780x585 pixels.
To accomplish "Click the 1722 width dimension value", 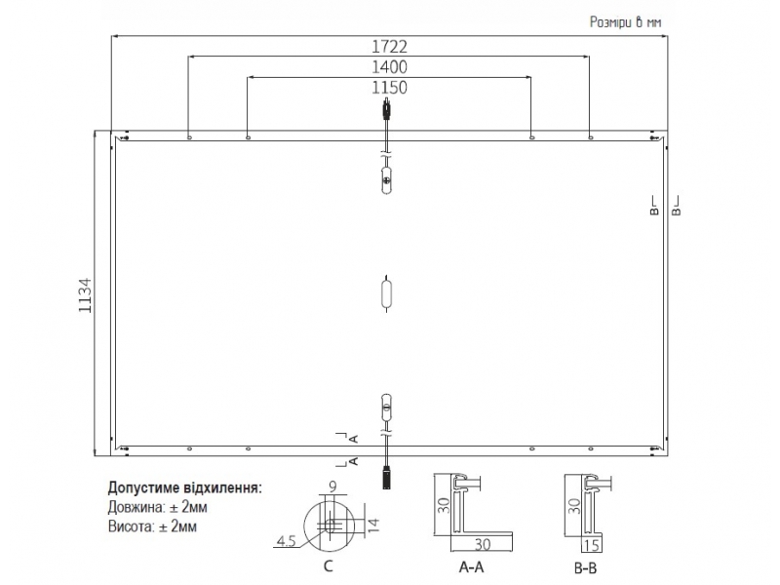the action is coord(389,46).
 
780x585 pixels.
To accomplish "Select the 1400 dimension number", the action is coord(389,66).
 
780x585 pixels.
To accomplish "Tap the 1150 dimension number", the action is coord(389,88).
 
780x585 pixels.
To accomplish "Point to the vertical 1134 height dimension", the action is coord(86,295).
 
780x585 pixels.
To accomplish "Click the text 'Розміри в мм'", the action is coord(625,21).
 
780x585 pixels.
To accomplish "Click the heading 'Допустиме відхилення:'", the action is coord(184,487).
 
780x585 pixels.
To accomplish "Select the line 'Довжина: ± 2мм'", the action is coord(157,507).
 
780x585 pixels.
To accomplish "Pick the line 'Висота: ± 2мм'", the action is coord(152,526).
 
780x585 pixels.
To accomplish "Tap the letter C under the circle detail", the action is coord(328,566).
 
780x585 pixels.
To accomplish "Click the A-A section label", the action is coord(472,566).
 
